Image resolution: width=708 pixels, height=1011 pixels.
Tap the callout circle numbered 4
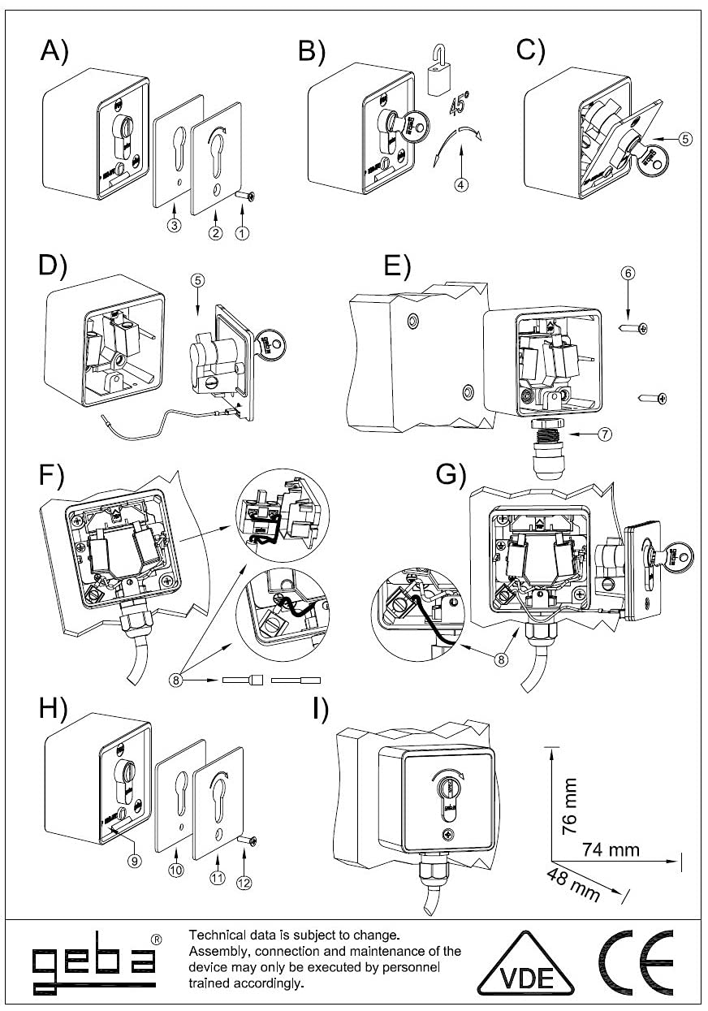(461, 184)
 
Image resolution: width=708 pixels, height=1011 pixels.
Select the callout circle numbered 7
(605, 434)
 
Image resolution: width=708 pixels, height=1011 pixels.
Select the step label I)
(321, 709)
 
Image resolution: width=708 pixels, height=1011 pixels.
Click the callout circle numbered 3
(174, 225)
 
